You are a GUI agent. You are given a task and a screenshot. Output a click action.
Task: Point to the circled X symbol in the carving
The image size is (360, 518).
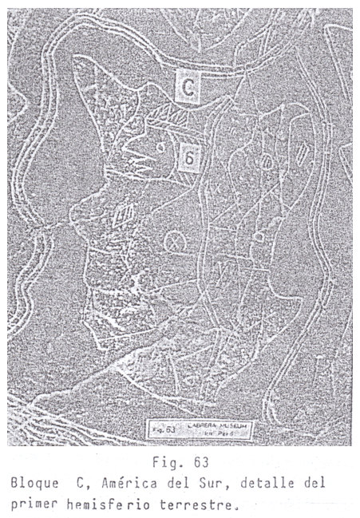171,242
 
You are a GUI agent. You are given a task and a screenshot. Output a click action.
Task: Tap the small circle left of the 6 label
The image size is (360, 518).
160,146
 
